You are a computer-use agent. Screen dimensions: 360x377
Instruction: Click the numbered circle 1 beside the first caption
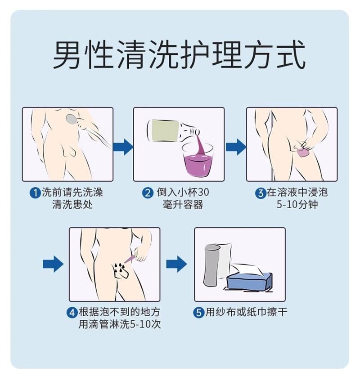pyautogui.click(x=36, y=193)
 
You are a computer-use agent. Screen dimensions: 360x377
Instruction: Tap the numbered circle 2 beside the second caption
pyautogui.click(x=148, y=193)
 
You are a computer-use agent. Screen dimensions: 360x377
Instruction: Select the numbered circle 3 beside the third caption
pyautogui.click(x=261, y=193)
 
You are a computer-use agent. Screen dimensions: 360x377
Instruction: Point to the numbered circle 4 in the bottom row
pyautogui.click(x=72, y=313)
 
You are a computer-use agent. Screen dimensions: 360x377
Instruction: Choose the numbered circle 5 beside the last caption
pyautogui.click(x=198, y=313)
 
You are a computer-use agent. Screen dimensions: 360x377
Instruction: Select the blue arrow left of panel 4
pyautogui.click(x=53, y=264)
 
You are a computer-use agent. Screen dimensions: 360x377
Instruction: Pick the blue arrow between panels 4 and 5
pyautogui.click(x=176, y=264)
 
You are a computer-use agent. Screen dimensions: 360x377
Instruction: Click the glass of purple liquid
pyautogui.click(x=198, y=160)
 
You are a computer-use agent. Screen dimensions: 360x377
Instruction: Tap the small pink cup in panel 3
pyautogui.click(x=302, y=152)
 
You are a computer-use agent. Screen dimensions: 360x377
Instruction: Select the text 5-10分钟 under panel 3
pyautogui.click(x=297, y=205)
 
